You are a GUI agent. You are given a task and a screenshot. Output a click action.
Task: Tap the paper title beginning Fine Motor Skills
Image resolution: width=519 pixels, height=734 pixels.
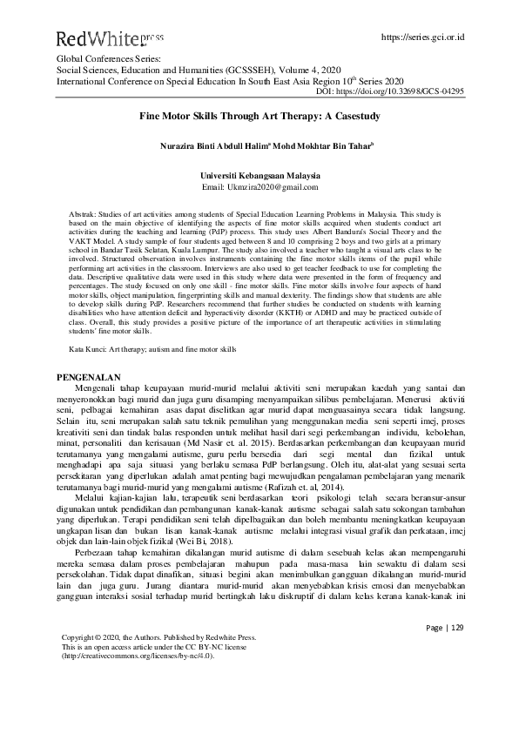click(259, 114)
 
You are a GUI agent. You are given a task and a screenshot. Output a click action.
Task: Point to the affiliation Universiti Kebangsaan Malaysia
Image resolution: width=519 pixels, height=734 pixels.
click(259, 174)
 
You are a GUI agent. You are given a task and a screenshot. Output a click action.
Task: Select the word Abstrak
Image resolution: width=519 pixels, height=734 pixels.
click(82, 212)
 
